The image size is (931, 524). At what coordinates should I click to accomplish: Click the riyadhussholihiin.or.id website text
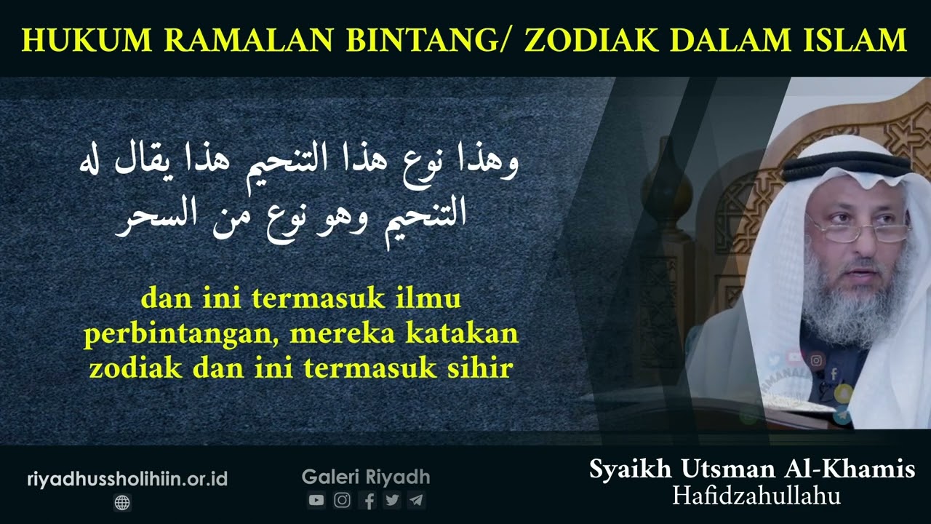(127, 479)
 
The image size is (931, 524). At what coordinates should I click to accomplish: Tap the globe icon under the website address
(122, 502)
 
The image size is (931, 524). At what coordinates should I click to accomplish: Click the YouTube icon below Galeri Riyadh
(316, 500)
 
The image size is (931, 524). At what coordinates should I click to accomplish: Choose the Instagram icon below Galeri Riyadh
(342, 500)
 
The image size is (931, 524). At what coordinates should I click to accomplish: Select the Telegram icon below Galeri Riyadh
(416, 500)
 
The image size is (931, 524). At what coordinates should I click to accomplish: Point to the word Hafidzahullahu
(756, 496)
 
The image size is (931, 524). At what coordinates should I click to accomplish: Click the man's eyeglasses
(858, 231)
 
